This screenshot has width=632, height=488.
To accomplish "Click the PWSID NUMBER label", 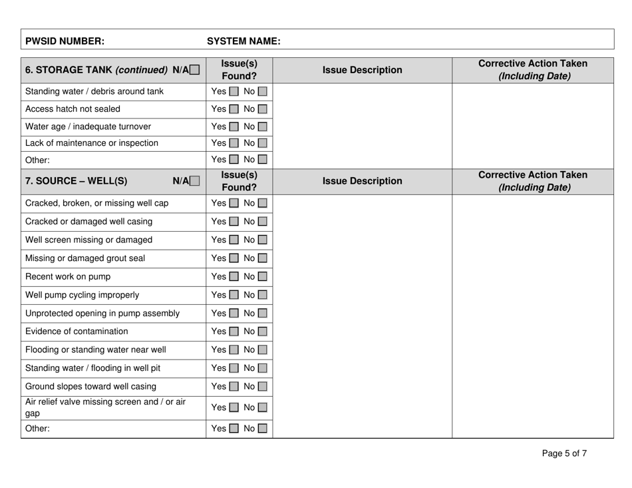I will point(65,41).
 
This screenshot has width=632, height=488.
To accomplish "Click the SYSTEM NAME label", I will point(243,41).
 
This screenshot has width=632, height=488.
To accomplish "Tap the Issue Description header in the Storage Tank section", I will point(362,70).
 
